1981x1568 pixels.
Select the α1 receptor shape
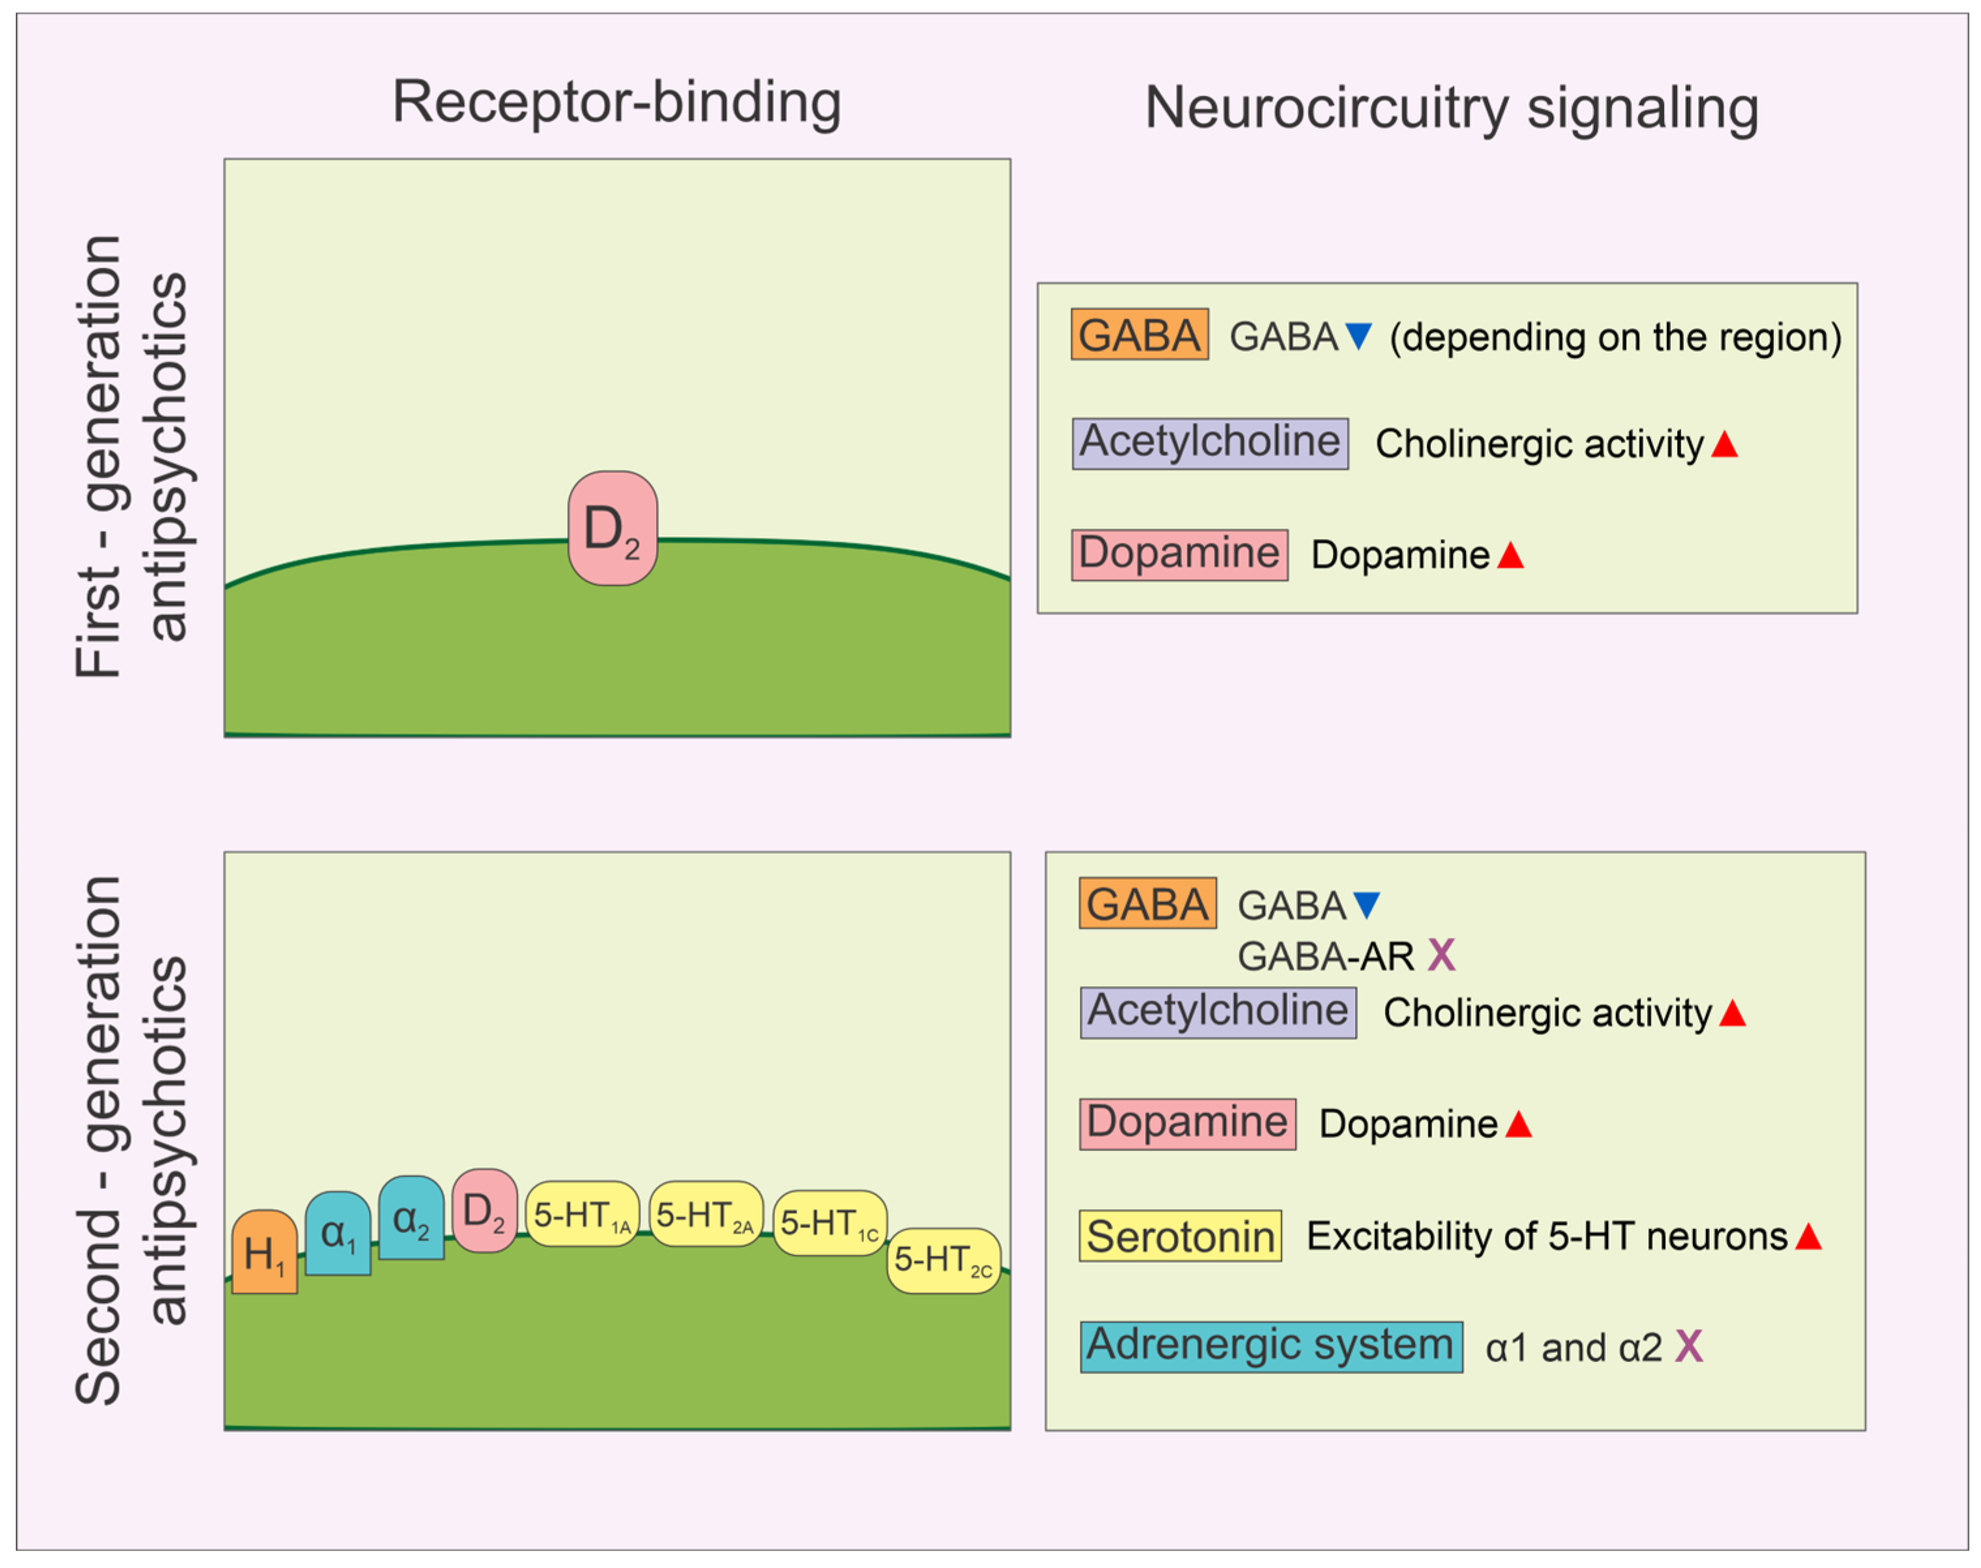[337, 1234]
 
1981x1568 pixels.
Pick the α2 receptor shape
[411, 1218]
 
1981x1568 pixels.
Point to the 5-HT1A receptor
[581, 1213]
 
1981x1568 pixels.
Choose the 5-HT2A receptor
[705, 1213]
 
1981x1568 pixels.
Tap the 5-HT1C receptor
[829, 1223]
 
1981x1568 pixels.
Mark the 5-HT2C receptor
[943, 1260]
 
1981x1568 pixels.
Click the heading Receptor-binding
[616, 101]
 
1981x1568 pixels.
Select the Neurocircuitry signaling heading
[1451, 108]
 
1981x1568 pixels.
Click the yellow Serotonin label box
[1179, 1236]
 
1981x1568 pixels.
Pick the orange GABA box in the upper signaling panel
[1139, 334]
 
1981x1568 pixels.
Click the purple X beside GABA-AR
[1441, 955]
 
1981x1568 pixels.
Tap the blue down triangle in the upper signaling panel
[1358, 336]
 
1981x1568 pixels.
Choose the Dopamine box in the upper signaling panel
[1179, 555]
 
